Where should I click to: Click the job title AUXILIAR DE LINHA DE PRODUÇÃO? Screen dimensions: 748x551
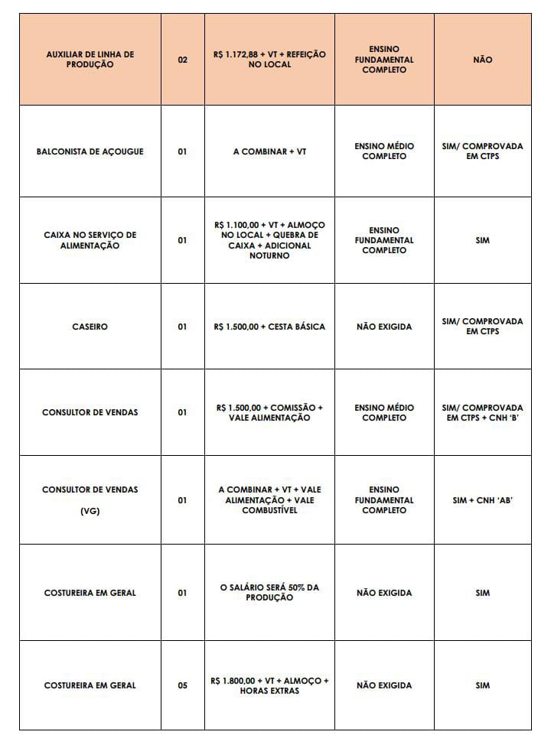(x=90, y=60)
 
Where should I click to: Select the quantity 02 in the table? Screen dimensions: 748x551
(x=182, y=60)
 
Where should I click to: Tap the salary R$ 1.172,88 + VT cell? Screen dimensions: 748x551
(x=269, y=60)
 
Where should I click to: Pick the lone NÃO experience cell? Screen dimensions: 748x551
(x=482, y=60)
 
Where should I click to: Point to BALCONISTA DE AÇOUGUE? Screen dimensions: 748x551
(x=90, y=151)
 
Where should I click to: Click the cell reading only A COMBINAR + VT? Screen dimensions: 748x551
(x=269, y=151)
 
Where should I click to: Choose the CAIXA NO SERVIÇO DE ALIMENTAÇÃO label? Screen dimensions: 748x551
(x=90, y=240)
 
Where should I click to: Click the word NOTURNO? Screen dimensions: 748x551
(x=269, y=256)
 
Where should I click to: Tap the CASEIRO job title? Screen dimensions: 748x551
(x=90, y=327)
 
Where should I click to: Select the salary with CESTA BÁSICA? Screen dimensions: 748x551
(x=269, y=327)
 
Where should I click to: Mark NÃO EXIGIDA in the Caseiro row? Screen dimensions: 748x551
(x=384, y=327)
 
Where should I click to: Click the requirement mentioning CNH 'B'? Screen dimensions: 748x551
(x=482, y=412)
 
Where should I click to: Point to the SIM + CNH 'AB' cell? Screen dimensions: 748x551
(x=482, y=500)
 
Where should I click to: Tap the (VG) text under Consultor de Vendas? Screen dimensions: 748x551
(x=90, y=511)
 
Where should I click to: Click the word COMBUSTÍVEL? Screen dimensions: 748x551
(x=269, y=511)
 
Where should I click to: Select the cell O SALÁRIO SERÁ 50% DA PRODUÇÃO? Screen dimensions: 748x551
(x=269, y=592)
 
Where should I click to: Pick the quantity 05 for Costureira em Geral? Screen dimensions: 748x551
(x=182, y=685)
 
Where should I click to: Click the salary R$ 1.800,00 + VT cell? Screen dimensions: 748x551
(x=269, y=685)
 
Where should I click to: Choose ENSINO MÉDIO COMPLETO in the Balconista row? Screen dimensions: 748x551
(x=384, y=151)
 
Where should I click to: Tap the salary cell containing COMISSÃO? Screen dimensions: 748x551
(x=269, y=412)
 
